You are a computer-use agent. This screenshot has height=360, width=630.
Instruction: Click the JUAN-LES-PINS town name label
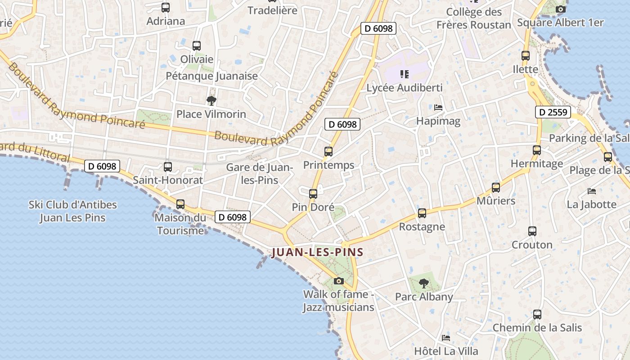[x=317, y=252]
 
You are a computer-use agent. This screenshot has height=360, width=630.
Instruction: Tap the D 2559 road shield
[x=553, y=112]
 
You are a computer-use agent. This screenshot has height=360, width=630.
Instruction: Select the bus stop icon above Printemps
[x=328, y=152]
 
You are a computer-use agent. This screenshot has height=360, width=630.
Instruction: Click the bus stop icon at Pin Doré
[x=313, y=194]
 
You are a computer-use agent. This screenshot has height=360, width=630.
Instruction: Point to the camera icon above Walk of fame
[x=339, y=281]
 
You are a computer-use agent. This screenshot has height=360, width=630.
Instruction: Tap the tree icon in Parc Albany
[x=423, y=283]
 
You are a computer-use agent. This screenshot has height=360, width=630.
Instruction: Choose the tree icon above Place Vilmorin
[x=211, y=100]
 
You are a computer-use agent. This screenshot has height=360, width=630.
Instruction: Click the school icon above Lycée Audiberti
[x=404, y=74]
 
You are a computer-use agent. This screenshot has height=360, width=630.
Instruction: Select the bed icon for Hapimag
[x=438, y=108]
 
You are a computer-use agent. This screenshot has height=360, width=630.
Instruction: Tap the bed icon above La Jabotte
[x=592, y=191]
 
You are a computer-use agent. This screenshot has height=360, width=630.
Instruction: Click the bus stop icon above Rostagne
[x=422, y=213]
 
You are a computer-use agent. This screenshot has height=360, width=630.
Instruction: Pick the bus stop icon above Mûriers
[x=496, y=187]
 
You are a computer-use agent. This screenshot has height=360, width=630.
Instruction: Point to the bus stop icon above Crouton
[x=532, y=231]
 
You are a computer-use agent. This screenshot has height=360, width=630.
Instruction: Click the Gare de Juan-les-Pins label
[x=259, y=174]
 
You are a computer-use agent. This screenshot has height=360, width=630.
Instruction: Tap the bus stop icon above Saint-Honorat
[x=168, y=167]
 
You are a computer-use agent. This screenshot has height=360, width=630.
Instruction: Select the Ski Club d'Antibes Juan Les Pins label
[x=73, y=211]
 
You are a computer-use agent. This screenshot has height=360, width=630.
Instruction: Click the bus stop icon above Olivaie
[x=197, y=45]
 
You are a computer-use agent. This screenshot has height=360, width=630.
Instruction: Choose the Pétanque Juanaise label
[x=212, y=76]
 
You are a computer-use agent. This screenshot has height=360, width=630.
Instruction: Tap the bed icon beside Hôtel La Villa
[x=446, y=337]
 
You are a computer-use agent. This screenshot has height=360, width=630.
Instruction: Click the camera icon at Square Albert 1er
[x=560, y=9]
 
